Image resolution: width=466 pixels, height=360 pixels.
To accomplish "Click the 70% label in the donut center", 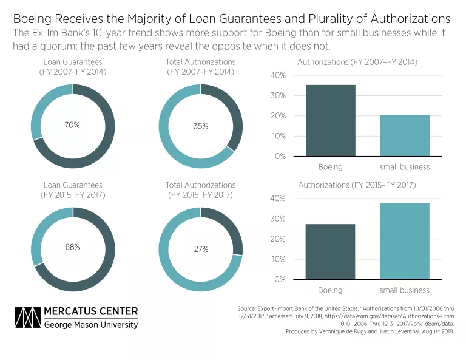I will pyautogui.click(x=72, y=125).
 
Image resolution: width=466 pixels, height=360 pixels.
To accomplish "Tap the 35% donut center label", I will pyautogui.click(x=201, y=126).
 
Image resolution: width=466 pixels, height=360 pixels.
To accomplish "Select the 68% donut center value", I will pyautogui.click(x=72, y=248).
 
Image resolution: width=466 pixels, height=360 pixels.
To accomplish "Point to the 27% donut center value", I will pyautogui.click(x=201, y=249).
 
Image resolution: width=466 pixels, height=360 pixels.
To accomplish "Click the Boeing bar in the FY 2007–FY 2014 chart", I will pyautogui.click(x=331, y=120).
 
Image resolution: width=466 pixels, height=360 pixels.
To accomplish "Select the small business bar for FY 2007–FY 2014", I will pyautogui.click(x=405, y=135).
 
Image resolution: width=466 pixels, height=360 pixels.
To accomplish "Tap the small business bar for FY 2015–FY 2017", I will pyautogui.click(x=405, y=241).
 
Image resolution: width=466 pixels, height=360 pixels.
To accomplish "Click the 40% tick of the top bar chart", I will pyautogui.click(x=278, y=75).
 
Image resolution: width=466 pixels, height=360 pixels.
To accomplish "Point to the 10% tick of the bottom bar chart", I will pyautogui.click(x=278, y=259).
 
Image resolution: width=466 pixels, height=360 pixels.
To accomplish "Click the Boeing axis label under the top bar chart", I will pyautogui.click(x=331, y=167).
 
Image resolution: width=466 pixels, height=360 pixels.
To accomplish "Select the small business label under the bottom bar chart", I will pyautogui.click(x=405, y=290).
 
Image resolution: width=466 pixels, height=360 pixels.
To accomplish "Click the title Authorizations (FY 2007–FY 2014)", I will pyautogui.click(x=357, y=62).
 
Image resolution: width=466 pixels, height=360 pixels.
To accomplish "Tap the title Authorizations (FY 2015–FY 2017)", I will pyautogui.click(x=357, y=185).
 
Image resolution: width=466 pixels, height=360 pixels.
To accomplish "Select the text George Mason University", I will pyautogui.click(x=91, y=325).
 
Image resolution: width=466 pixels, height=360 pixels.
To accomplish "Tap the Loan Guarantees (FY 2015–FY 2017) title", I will pyautogui.click(x=72, y=190).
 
